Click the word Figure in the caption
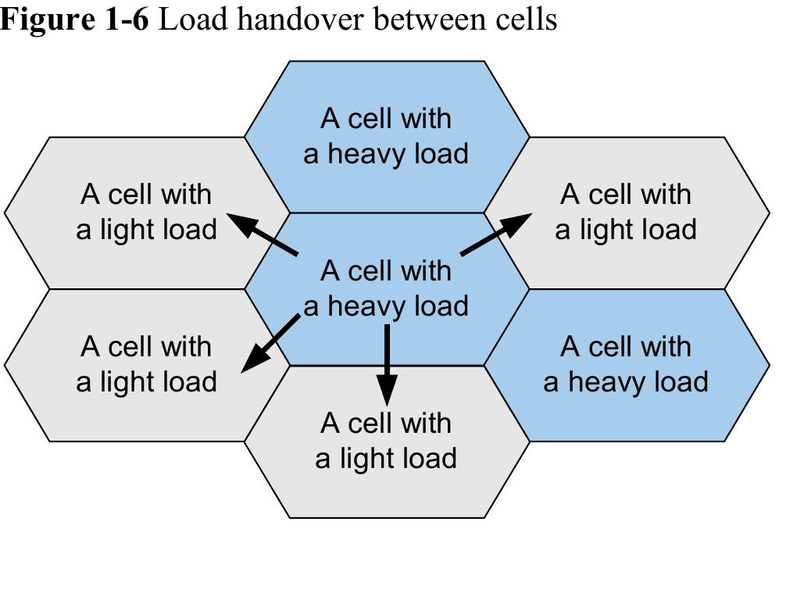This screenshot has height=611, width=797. (x=47, y=19)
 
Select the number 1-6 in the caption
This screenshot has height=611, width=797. (x=126, y=19)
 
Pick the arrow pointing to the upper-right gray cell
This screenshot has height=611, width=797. (x=496, y=235)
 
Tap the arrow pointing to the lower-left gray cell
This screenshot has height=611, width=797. (x=270, y=343)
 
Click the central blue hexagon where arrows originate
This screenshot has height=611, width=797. (x=387, y=288)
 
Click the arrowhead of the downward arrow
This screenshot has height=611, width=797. (x=387, y=388)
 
